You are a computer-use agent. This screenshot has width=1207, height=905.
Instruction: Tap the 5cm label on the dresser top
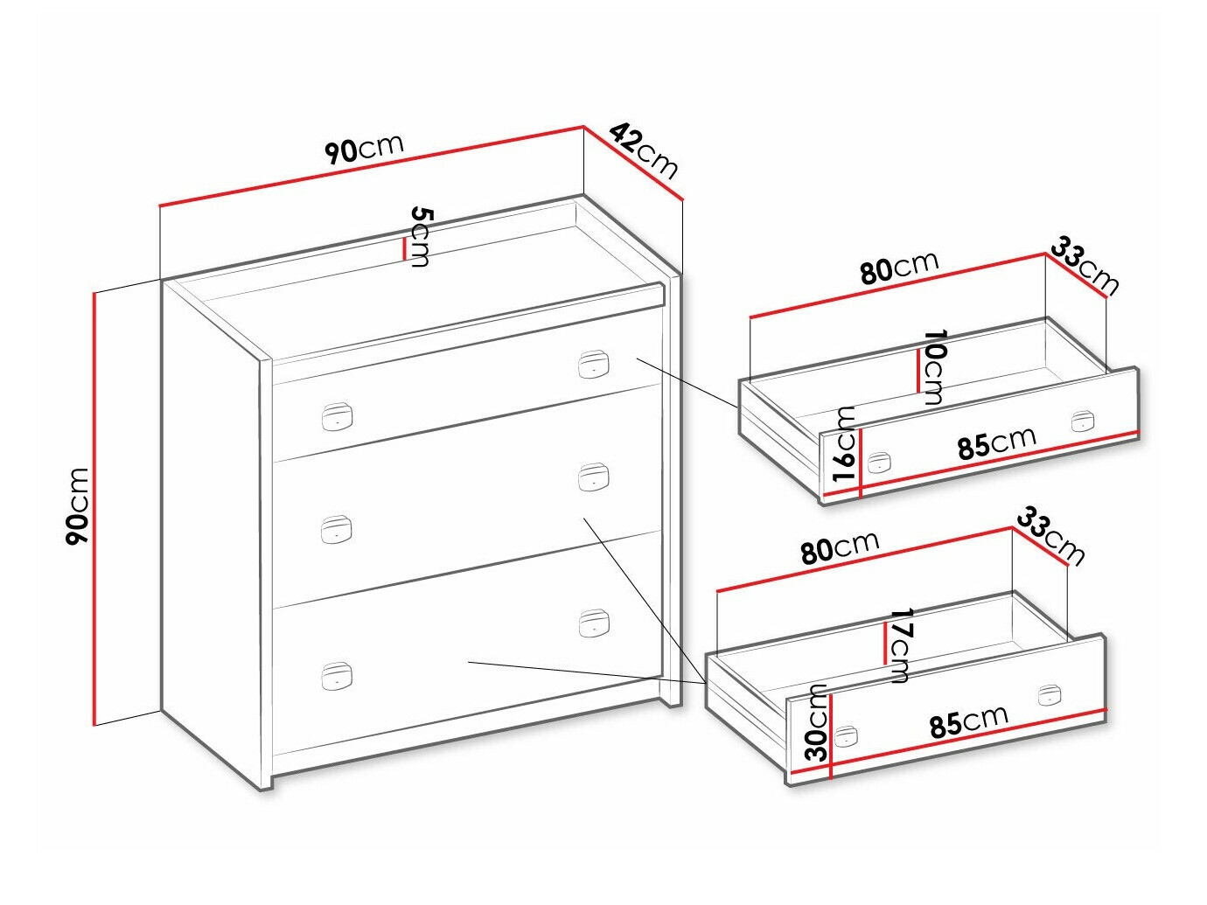pyautogui.click(x=422, y=237)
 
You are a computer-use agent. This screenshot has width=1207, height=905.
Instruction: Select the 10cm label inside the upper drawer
pyautogui.click(x=933, y=366)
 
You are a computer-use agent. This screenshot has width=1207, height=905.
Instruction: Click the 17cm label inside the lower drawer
pyautogui.click(x=900, y=645)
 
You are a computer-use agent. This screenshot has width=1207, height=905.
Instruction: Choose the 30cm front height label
pyautogui.click(x=817, y=722)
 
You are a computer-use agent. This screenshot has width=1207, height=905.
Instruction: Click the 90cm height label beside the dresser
pyautogui.click(x=77, y=506)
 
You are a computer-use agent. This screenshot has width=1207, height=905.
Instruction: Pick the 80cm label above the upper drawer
pyautogui.click(x=900, y=268)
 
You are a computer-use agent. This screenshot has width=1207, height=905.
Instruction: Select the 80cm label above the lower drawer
pyautogui.click(x=841, y=548)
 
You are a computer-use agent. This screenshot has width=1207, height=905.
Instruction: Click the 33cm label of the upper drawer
pyautogui.click(x=1085, y=267)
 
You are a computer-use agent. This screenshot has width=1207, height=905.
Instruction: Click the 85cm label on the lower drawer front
pyautogui.click(x=969, y=721)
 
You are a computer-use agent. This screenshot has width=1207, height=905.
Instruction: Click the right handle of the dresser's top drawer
pyautogui.click(x=594, y=365)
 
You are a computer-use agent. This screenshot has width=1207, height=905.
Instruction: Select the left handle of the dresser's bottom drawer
pyautogui.click(x=336, y=676)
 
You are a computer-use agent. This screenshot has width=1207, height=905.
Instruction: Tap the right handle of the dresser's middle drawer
pyautogui.click(x=594, y=477)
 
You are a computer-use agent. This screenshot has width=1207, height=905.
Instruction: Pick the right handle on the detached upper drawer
pyautogui.click(x=1083, y=421)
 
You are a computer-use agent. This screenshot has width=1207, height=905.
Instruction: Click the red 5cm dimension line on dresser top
pyautogui.click(x=404, y=249)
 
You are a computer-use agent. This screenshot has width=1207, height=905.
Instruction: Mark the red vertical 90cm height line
pyautogui.click(x=94, y=509)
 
